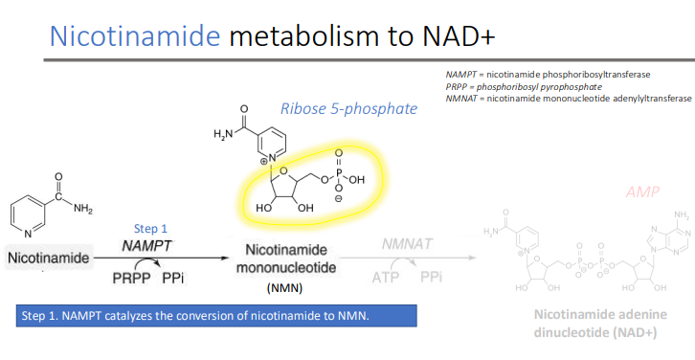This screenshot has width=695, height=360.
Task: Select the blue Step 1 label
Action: pos(150,229)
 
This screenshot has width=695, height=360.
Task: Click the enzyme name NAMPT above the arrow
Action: pos(146,246)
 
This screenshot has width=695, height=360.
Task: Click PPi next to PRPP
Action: pos(174,279)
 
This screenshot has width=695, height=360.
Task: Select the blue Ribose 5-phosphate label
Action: pos(348,108)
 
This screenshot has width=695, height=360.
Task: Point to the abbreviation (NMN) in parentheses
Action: pos(284,286)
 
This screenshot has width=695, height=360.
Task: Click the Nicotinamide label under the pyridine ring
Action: pos(48,259)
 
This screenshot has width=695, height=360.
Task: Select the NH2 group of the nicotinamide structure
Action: pos(83,209)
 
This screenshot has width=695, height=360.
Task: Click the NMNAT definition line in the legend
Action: pos(568,97)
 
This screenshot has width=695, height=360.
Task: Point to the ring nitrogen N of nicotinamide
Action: pos(28,234)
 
